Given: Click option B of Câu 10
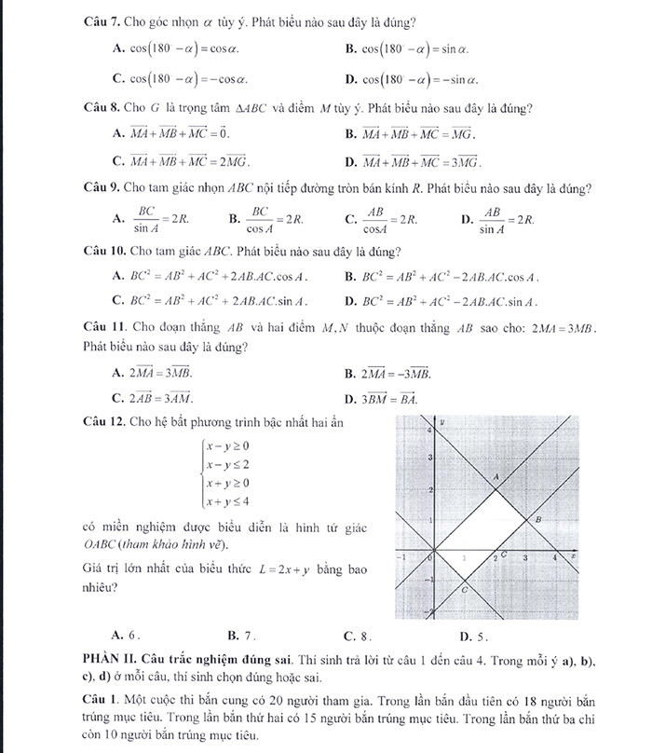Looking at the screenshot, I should point(441,277).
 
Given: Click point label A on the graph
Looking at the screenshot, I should point(496,476).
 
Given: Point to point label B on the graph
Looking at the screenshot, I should point(539,518).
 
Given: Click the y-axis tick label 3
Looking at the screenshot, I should point(428,459).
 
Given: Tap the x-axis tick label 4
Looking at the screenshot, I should point(555,557).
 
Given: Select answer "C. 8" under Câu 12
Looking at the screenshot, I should point(358,637).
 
